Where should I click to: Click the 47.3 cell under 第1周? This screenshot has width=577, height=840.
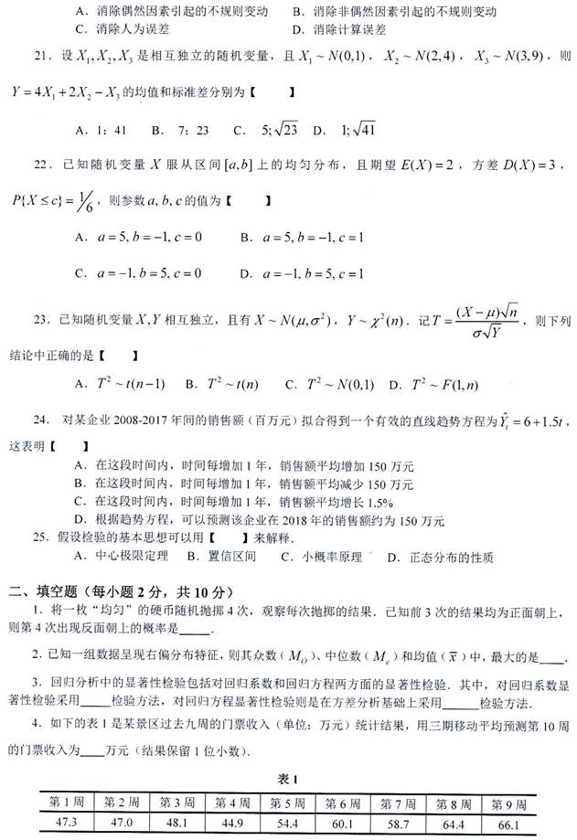coord(66,822)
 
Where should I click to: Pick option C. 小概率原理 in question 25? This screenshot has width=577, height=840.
coord(324,555)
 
